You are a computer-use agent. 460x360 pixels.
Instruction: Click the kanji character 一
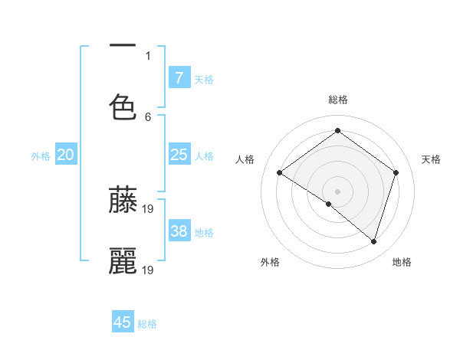tap(123, 47)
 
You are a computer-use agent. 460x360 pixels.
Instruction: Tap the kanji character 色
tap(123, 106)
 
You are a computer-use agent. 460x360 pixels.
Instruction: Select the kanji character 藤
tap(123, 199)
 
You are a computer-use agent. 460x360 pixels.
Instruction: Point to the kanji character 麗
tap(123, 261)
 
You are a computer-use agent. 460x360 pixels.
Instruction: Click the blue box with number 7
tap(179, 78)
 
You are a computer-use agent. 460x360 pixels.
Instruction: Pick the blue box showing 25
tap(179, 155)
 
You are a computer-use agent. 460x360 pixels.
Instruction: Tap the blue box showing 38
tap(179, 231)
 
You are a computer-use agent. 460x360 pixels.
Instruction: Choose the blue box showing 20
tap(66, 155)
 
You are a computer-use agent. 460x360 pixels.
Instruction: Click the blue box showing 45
tap(123, 322)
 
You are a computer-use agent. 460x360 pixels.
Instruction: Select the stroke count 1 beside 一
tap(148, 55)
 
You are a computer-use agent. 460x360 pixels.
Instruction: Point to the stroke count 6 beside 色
tap(148, 116)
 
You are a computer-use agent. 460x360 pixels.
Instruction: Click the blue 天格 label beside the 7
tap(204, 79)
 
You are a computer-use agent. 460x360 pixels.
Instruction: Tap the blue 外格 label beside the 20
tap(41, 156)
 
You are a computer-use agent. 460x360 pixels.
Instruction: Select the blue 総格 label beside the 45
tap(147, 324)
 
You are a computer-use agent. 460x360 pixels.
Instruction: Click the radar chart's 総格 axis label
tap(338, 100)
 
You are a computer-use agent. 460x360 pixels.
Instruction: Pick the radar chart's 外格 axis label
tap(270, 262)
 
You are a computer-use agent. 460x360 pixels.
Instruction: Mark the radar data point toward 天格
tap(396, 172)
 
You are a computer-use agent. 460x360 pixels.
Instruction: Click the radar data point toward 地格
tap(373, 241)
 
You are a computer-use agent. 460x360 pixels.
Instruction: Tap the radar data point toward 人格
tap(279, 173)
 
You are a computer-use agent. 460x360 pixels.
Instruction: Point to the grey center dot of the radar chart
tap(337, 191)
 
